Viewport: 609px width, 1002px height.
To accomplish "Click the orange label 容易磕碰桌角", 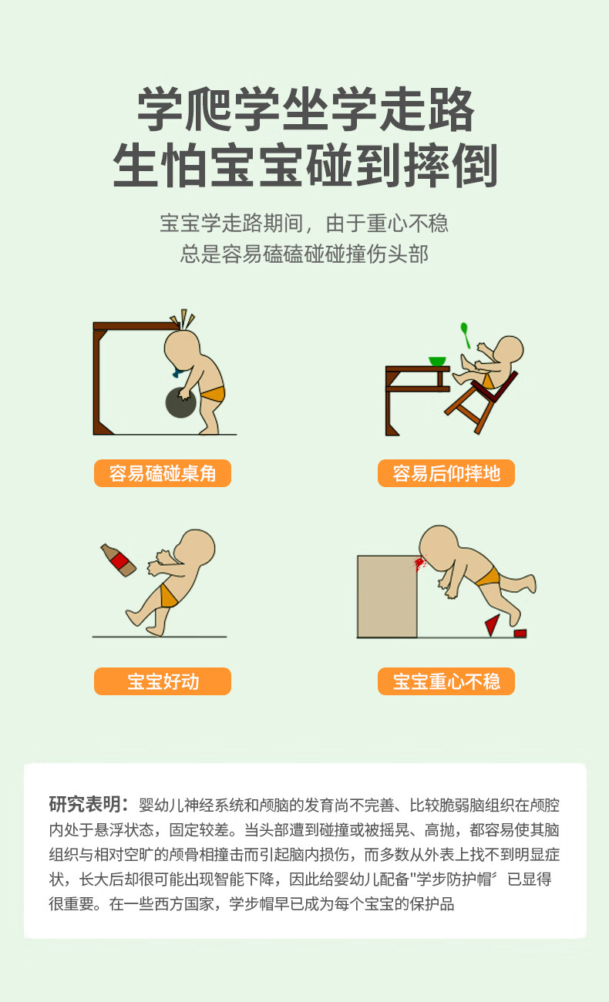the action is pos(163,472).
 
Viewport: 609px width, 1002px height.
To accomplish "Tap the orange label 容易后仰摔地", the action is pos(446,472).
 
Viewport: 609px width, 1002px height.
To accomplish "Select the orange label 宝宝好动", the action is pos(163,681).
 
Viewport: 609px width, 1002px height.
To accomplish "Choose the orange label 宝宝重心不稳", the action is pos(446,681).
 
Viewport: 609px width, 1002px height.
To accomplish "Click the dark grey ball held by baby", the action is pos(181,402).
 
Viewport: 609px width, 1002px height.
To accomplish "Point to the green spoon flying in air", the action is pos(465,335).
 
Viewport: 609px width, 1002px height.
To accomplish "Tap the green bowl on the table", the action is pos(437,361).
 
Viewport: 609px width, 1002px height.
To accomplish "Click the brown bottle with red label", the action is pos(119,560).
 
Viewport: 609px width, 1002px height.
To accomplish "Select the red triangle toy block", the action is pos(493,625).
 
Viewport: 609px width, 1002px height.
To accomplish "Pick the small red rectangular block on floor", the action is pos(520,633).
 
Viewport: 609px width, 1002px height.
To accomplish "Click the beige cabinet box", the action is pos(387,597).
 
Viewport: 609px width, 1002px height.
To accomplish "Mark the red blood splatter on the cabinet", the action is pos(419,563).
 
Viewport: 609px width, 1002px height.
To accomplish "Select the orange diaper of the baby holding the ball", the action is pos(213,394).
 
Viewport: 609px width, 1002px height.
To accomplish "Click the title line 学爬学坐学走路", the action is pos(305,109).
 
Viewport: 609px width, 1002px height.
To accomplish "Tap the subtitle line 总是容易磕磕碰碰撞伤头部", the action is pos(304,254).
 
